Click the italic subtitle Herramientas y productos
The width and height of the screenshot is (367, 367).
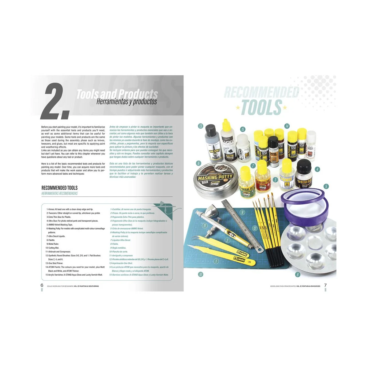126,102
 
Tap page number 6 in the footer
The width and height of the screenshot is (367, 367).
42,285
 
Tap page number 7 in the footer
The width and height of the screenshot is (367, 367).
325,285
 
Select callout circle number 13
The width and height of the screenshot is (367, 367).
201,126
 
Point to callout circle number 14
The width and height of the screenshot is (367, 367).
287,126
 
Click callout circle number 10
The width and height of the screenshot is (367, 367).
201,274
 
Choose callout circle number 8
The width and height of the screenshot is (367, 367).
297,275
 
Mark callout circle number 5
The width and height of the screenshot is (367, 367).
326,186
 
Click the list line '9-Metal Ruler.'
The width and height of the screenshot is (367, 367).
52,244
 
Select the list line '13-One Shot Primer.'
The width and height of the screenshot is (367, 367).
54,263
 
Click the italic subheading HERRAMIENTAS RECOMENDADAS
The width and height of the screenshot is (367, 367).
60,193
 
